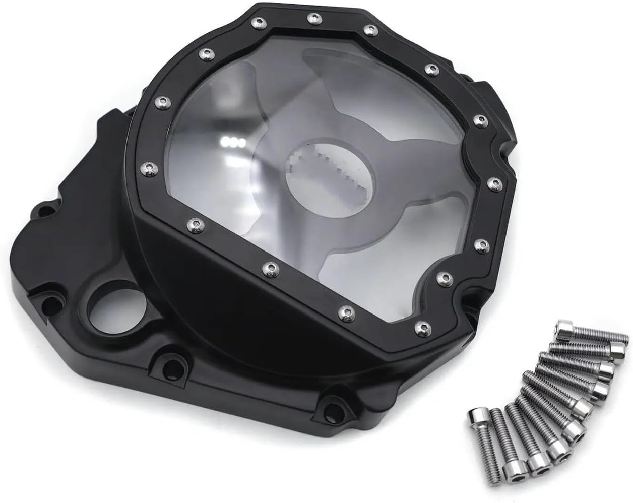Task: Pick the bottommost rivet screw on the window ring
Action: pos(419,329)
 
